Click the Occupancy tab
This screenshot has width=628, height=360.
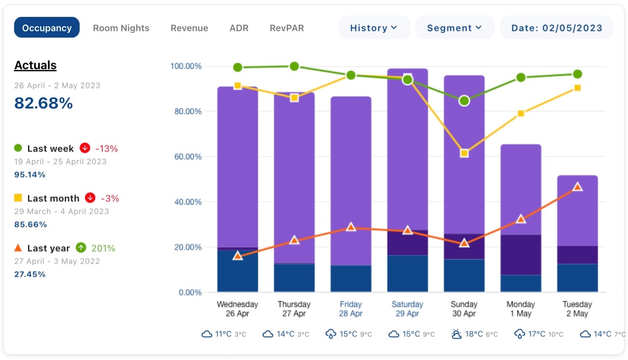[47, 28]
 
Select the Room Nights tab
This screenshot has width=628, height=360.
[121, 28]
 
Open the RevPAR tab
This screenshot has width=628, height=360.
[287, 28]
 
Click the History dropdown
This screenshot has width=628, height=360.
[374, 28]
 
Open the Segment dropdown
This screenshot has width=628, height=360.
[454, 28]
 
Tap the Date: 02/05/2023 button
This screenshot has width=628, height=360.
[557, 28]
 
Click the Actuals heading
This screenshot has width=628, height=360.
[35, 65]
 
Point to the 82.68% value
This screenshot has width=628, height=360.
[43, 103]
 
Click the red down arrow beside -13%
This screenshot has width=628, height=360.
[85, 148]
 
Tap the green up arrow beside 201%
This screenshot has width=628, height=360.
[81, 248]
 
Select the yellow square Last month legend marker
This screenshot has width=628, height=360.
[18, 198]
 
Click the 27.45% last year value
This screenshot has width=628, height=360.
[30, 274]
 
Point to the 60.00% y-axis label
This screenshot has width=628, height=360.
[186, 156]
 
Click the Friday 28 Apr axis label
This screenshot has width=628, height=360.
[350, 309]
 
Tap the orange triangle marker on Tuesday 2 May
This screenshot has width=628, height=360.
[577, 187]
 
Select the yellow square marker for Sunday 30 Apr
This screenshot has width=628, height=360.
[464, 153]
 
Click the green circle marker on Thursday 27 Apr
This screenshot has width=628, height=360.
[294, 66]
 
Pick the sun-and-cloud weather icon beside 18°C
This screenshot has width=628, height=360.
[456, 334]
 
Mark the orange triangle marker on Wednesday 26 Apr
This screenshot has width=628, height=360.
[237, 256]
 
